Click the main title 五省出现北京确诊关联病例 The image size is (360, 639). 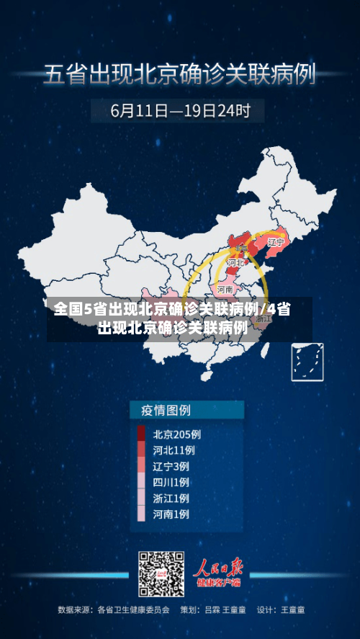(180, 74)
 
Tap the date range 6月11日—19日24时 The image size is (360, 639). (180, 111)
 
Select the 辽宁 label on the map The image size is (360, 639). (276, 243)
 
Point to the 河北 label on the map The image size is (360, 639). (235, 264)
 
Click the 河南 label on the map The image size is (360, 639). (225, 289)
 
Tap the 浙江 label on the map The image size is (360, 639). (264, 320)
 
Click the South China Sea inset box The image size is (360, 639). (307, 361)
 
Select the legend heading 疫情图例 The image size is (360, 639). (161, 411)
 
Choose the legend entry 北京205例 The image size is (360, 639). (176, 434)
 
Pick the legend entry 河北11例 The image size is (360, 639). (174, 450)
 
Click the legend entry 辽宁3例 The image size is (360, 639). (171, 466)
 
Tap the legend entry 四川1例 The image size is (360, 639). (171, 482)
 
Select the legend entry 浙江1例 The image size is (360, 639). (171, 498)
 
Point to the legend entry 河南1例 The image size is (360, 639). (171, 514)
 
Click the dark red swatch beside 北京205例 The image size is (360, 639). (141, 434)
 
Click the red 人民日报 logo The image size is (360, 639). (220, 569)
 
